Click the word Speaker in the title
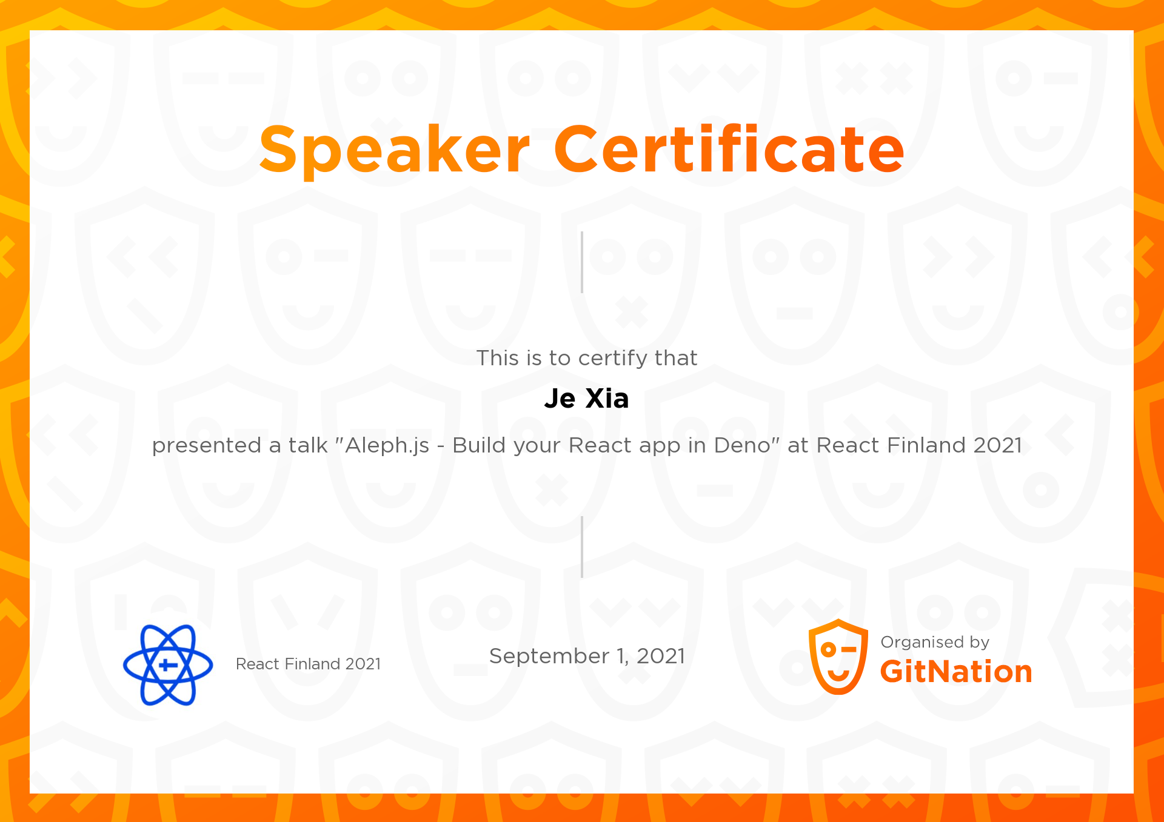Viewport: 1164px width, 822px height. [395, 150]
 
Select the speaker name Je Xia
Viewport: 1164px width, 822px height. [586, 399]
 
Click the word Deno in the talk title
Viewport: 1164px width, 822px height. [742, 445]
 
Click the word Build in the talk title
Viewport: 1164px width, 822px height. [479, 445]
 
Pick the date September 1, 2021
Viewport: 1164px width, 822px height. [587, 656]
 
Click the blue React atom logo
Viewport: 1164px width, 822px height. [168, 665]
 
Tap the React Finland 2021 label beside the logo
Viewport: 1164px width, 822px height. [308, 664]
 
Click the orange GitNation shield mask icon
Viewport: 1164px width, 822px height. [838, 657]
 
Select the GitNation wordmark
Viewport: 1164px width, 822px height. [956, 672]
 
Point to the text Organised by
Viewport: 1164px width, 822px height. [935, 642]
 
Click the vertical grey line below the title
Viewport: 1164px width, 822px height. [582, 262]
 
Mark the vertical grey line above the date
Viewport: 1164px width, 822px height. [582, 547]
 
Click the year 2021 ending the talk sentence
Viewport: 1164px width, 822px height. [998, 445]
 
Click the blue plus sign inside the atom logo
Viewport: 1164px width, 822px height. [168, 665]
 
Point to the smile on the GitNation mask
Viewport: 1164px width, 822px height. [838, 674]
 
